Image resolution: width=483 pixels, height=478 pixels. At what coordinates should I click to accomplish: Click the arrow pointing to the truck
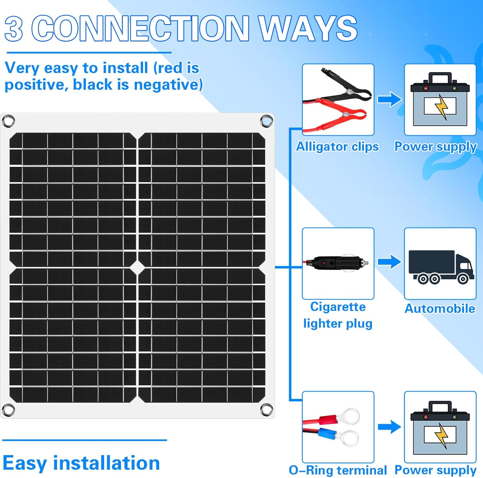point(389,262)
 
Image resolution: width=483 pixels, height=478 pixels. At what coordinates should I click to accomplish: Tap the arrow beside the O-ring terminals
point(389,427)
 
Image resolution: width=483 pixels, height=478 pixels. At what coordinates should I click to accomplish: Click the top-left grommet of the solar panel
point(8,121)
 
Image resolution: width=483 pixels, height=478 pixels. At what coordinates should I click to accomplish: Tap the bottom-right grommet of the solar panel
point(266,410)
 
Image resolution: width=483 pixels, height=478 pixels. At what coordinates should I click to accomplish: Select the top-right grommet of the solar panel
point(266,121)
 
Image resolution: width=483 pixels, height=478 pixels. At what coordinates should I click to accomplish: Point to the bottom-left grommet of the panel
point(8,410)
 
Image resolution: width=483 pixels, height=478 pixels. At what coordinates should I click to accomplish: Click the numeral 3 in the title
point(14,29)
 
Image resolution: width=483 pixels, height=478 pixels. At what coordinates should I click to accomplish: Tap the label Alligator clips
point(337,147)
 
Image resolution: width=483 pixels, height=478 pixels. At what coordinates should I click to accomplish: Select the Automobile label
point(440,308)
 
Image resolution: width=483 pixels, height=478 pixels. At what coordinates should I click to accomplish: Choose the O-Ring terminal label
point(338,470)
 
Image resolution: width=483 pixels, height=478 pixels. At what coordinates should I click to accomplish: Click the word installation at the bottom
point(107,463)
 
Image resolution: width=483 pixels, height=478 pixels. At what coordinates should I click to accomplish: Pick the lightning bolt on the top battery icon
point(441,107)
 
